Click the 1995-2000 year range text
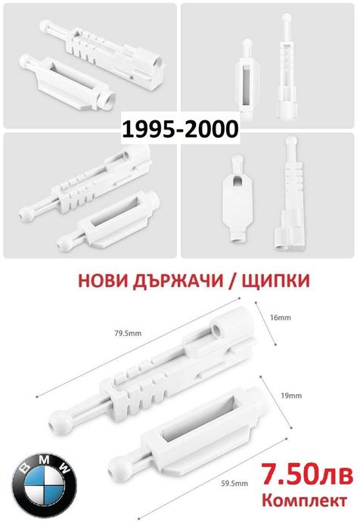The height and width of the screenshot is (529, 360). pos(180,129)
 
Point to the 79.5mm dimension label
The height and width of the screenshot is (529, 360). pos(128,334)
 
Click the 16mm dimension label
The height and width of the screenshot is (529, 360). pos(280,317)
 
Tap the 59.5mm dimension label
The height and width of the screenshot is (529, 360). pos(234,484)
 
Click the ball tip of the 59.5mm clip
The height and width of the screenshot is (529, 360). pos(118,466)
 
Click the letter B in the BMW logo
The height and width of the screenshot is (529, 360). pos(26,468)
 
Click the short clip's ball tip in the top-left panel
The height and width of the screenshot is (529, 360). pos(25,61)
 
